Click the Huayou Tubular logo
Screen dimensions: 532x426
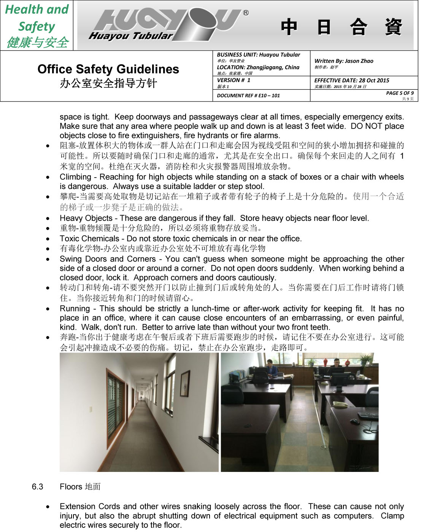[x=167, y=25]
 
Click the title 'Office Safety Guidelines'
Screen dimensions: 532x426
[x=108, y=69]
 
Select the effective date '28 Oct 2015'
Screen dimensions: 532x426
[x=374, y=80]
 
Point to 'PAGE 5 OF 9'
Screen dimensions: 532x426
[x=400, y=93]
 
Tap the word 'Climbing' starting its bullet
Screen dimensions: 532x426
[x=75, y=177]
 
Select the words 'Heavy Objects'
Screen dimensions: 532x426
[x=86, y=218]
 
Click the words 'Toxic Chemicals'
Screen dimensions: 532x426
[x=89, y=239]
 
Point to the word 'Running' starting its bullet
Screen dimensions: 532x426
[x=75, y=309]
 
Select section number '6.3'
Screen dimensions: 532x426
[x=37, y=487]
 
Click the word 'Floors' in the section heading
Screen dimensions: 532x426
[x=71, y=487]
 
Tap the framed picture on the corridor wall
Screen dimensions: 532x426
[x=185, y=383]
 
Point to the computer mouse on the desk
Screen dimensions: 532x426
[x=354, y=422]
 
